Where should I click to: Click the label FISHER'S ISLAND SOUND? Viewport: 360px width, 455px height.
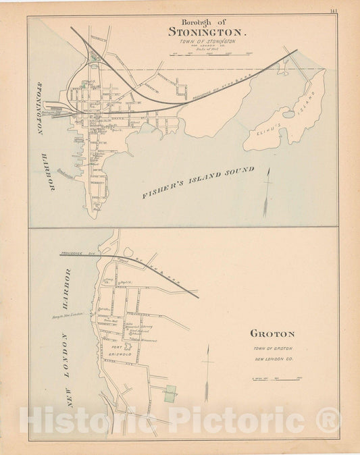(199, 183)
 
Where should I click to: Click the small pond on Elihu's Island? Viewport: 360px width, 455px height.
(288, 114)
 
